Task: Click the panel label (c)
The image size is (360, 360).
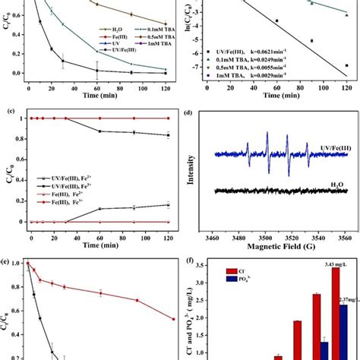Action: [x=9, y=112]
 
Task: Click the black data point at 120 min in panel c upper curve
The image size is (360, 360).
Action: [x=169, y=135]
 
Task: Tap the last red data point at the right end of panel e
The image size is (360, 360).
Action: [x=172, y=318]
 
